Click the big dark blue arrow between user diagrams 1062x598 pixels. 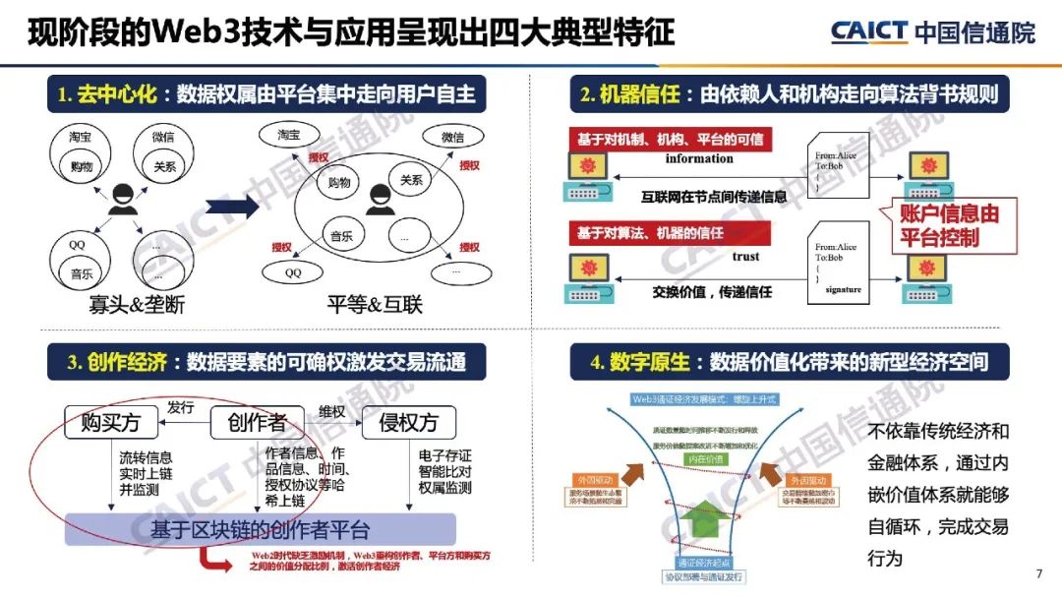point(232,208)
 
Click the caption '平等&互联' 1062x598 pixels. point(375,304)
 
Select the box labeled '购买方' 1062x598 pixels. point(110,424)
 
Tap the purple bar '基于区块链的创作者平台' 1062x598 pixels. point(260,530)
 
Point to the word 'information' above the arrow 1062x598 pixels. point(699,158)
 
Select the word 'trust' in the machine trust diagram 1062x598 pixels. point(745,257)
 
